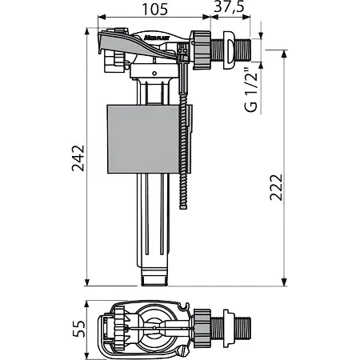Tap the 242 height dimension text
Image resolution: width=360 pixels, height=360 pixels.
click(77, 162)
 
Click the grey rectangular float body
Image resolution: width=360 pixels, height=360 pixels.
click(145, 142)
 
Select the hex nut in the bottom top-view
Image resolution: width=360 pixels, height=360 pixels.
click(210, 327)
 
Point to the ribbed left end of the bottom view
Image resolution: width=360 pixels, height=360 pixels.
click(105, 328)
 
